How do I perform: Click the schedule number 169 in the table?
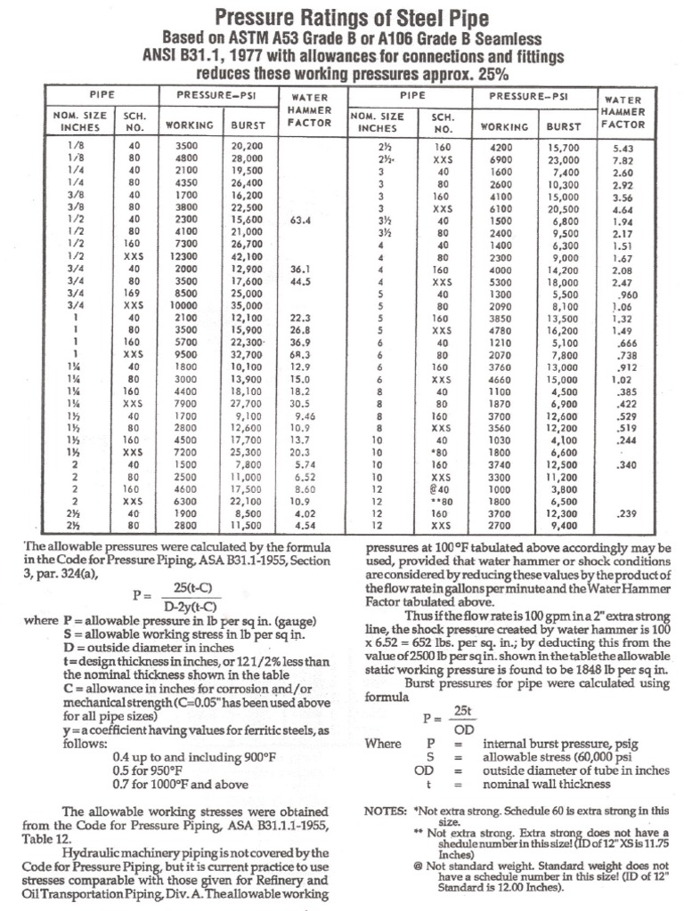(x=134, y=292)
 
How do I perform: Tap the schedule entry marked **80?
(x=443, y=500)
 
